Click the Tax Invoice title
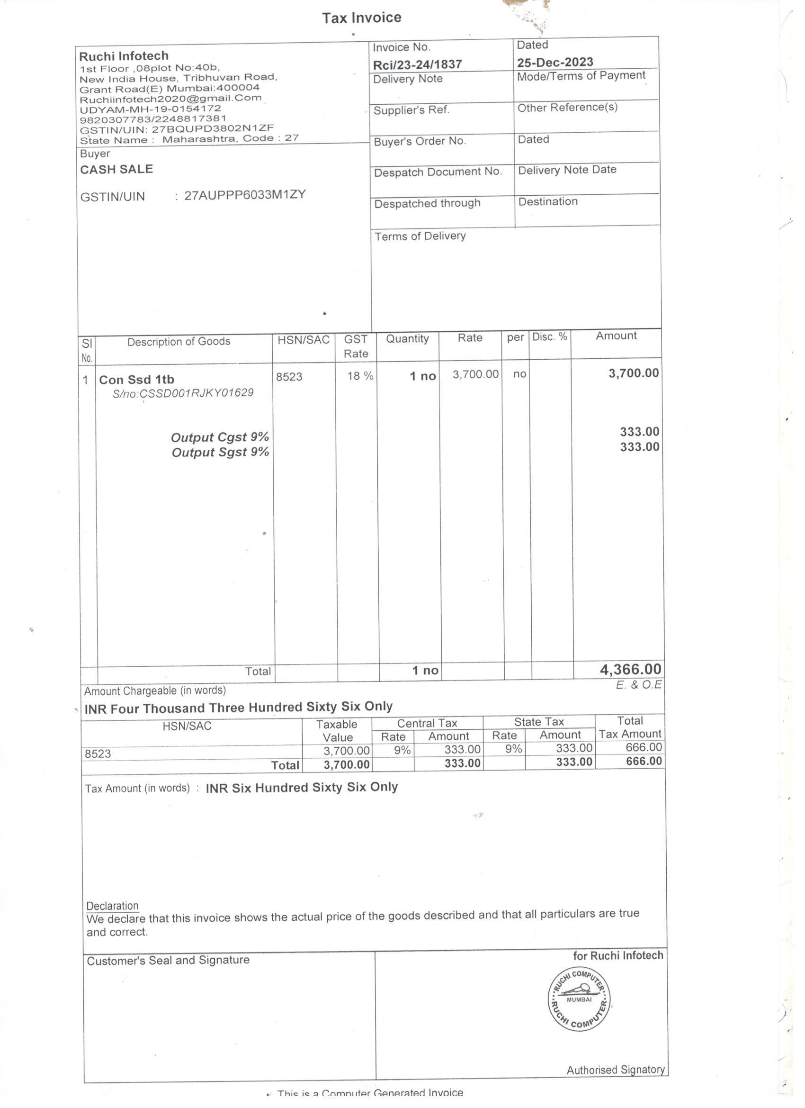[361, 18]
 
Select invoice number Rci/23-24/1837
[417, 64]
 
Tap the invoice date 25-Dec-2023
[555, 63]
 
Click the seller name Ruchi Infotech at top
[124, 56]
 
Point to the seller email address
[171, 98]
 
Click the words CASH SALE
[116, 170]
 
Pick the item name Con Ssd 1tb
[137, 380]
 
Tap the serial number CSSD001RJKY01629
[183, 394]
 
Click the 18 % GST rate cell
[360, 376]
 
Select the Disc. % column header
[550, 337]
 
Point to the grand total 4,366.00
[630, 670]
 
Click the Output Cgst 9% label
[220, 437]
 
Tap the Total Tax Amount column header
[630, 728]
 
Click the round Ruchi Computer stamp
[579, 999]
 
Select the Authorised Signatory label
[616, 1071]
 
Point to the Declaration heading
[112, 906]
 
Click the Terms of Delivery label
[420, 236]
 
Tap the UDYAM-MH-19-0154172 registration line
[151, 109]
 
